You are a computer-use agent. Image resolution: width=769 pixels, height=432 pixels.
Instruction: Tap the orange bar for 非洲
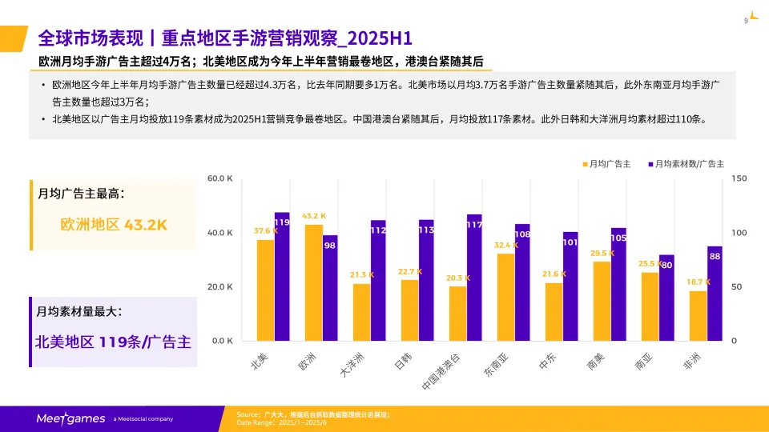pos(698,315)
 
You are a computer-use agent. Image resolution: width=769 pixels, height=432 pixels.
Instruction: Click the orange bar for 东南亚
pos(505,297)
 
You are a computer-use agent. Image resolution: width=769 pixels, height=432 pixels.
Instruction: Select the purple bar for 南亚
pos(666,298)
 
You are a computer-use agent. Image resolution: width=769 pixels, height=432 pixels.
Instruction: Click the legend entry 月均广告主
pos(606,164)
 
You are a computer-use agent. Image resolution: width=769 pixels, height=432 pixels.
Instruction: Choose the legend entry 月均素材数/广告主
pos(685,164)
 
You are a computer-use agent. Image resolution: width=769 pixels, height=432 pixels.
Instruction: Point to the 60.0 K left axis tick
pos(219,178)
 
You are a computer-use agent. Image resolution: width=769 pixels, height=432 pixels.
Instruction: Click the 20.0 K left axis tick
pos(219,286)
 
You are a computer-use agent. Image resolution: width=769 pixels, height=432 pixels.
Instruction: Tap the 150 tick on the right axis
pos(739,178)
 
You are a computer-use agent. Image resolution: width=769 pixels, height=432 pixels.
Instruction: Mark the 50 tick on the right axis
pos(736,286)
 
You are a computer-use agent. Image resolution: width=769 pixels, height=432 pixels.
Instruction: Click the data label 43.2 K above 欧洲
pos(314,216)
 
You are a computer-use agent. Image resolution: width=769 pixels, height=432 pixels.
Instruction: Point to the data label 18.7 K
pos(699,282)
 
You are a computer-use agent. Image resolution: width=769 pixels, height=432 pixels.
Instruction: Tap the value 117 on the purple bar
pos(474,225)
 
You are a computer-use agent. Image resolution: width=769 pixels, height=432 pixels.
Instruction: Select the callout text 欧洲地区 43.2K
pos(114,225)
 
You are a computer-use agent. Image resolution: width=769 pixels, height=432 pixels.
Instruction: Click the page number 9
pos(746,21)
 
